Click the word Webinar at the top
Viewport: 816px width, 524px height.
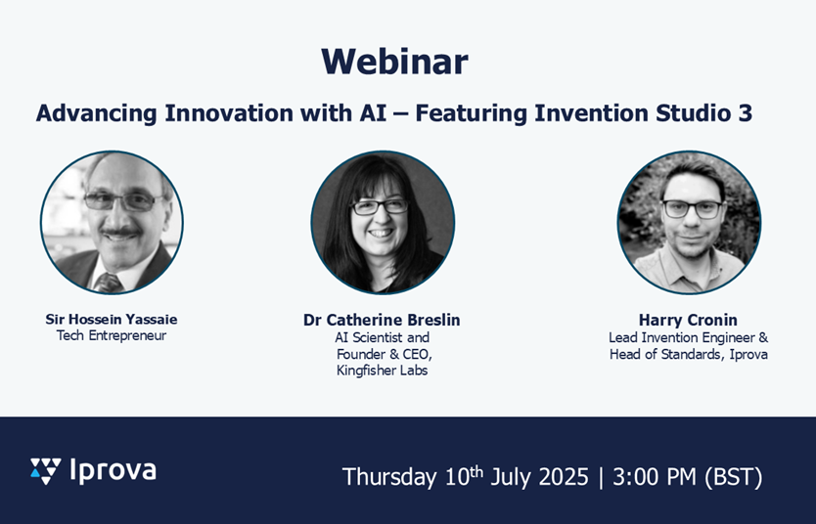(x=394, y=62)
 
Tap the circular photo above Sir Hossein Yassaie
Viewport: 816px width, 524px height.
(x=112, y=223)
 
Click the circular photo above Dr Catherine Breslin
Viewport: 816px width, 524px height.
(x=383, y=223)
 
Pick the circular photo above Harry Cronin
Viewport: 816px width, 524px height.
(x=689, y=223)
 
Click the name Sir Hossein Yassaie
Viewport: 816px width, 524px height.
(x=112, y=319)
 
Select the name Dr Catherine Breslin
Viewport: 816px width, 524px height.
(x=382, y=320)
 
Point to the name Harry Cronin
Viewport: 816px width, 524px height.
(x=688, y=320)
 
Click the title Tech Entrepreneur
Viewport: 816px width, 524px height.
(x=112, y=336)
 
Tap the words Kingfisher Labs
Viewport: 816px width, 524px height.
(x=382, y=371)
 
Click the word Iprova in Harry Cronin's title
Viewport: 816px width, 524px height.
(x=748, y=355)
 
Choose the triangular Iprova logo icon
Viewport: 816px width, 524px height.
(x=45, y=471)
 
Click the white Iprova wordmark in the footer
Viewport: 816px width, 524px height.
(x=113, y=471)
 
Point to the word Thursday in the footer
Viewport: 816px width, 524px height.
(x=389, y=477)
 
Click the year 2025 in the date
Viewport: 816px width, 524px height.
(x=564, y=477)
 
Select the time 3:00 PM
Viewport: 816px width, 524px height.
(x=655, y=477)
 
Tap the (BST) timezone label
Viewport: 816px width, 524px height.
(x=733, y=477)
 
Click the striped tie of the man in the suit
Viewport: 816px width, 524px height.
(x=109, y=284)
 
